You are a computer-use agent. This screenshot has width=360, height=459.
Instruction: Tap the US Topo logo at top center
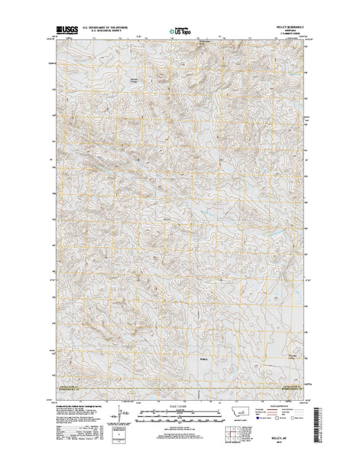180,32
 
